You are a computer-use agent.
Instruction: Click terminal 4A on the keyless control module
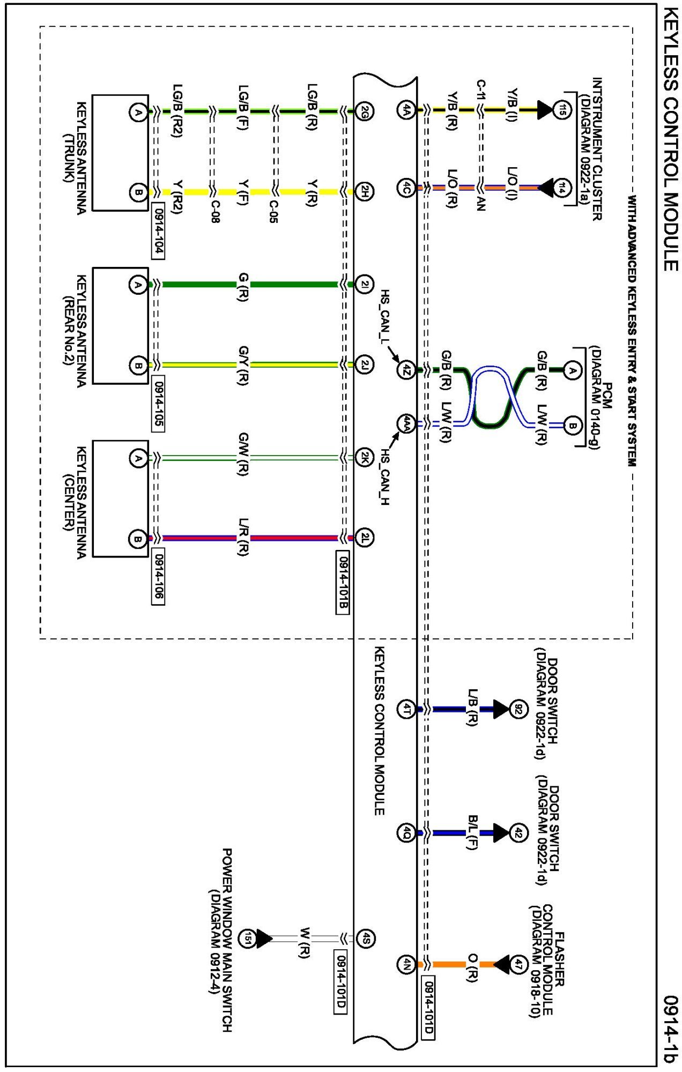point(406,110)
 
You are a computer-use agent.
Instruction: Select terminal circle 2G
point(365,111)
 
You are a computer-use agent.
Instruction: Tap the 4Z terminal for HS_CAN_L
point(406,369)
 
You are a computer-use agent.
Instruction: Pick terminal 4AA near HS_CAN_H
point(406,424)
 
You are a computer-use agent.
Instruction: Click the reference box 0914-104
point(158,231)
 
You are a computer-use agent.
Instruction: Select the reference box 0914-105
point(158,404)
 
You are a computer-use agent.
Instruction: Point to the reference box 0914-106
point(158,576)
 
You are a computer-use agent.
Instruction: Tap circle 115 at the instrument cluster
point(562,110)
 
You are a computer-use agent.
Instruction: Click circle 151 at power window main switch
point(247,939)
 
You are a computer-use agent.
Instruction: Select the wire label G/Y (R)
point(243,365)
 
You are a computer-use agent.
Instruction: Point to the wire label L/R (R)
point(243,537)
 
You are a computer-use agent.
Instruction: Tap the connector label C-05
point(273,212)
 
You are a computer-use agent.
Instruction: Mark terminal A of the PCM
point(573,370)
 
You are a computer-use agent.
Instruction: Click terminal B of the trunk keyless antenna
point(138,192)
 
